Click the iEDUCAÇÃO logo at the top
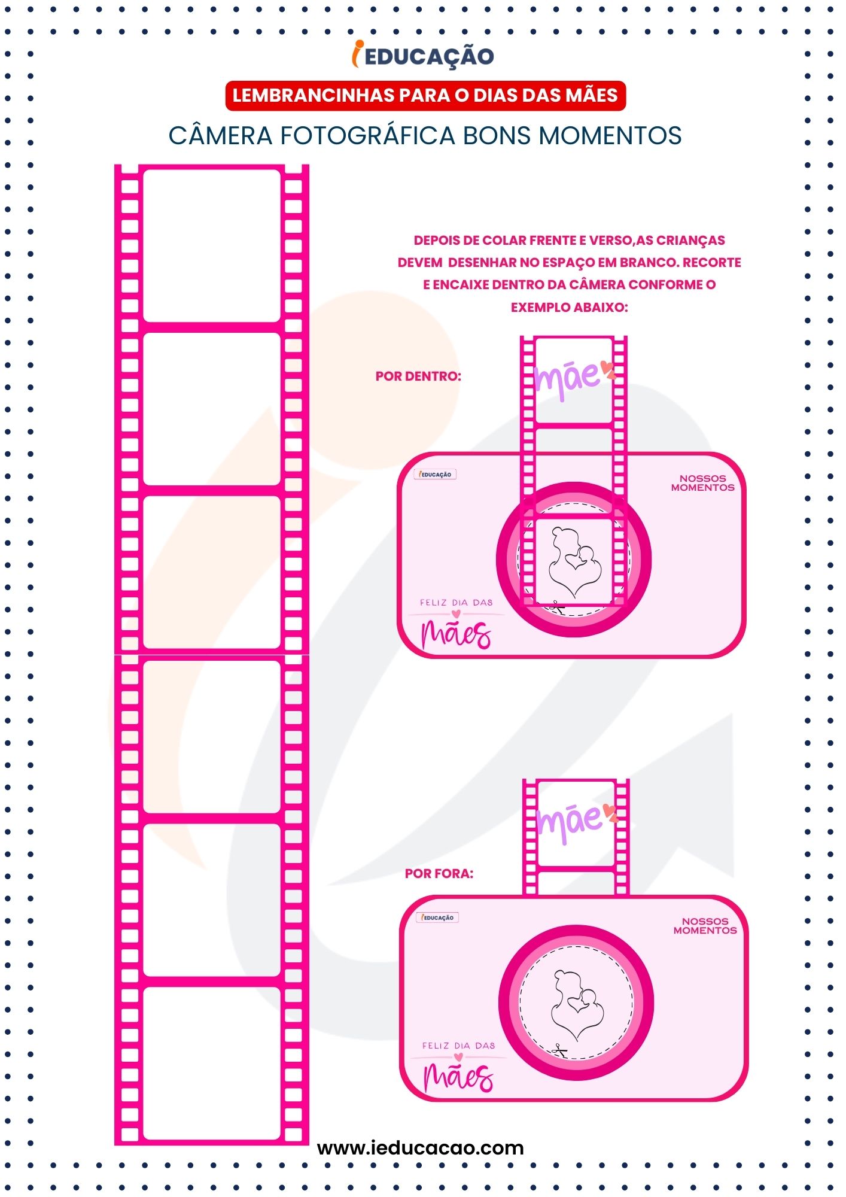423,55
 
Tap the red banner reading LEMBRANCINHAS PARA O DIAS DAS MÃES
425,96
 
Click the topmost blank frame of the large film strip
212,245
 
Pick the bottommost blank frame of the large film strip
212,1063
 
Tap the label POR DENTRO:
418,376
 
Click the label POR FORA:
439,874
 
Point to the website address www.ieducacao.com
421,1148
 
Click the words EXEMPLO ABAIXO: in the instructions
570,308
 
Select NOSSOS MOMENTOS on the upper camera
702,483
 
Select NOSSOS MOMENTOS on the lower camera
705,926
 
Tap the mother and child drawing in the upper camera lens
575,562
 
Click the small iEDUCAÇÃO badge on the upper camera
436,474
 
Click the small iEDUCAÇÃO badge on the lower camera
438,918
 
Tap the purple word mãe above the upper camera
573,379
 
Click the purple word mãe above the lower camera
576,822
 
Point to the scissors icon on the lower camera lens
560,1049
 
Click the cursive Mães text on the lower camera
458,1078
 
